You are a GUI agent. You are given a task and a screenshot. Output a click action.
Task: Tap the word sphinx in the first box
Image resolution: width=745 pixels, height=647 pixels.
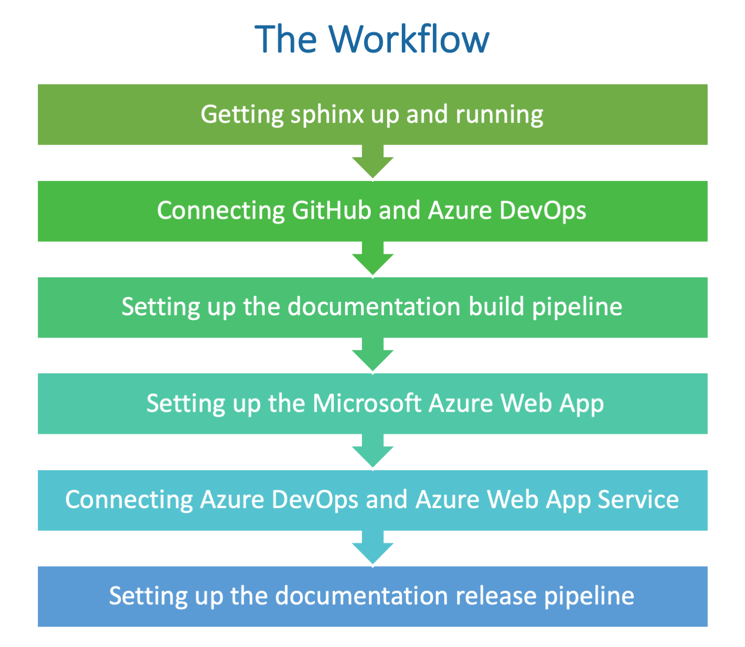pos(327,115)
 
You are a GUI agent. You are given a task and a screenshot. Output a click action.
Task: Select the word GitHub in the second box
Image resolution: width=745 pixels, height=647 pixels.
pos(331,210)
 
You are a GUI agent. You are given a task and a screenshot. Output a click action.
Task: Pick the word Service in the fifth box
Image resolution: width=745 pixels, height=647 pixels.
pos(638,500)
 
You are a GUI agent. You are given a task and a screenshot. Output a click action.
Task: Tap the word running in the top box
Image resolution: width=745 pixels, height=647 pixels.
pos(499,115)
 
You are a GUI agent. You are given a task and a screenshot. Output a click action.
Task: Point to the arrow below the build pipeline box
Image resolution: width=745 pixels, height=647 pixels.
pos(373,355)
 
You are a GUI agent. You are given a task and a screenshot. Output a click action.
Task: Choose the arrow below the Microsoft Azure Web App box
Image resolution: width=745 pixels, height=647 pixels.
pos(373,451)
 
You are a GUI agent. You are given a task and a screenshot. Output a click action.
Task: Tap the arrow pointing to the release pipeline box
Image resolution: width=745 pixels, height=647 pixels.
pos(373,547)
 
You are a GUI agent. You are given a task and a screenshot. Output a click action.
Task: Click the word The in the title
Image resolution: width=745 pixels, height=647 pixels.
pos(286,39)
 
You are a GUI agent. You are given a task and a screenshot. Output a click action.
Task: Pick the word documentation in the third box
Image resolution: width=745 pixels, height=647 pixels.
pos(374,306)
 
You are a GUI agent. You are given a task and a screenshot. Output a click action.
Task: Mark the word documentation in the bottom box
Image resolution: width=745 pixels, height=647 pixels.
pos(361,596)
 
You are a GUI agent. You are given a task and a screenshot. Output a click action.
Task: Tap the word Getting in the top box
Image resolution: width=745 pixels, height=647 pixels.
pos(242,115)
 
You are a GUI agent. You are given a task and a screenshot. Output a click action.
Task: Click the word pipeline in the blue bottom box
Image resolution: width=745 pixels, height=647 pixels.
pos(589,596)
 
